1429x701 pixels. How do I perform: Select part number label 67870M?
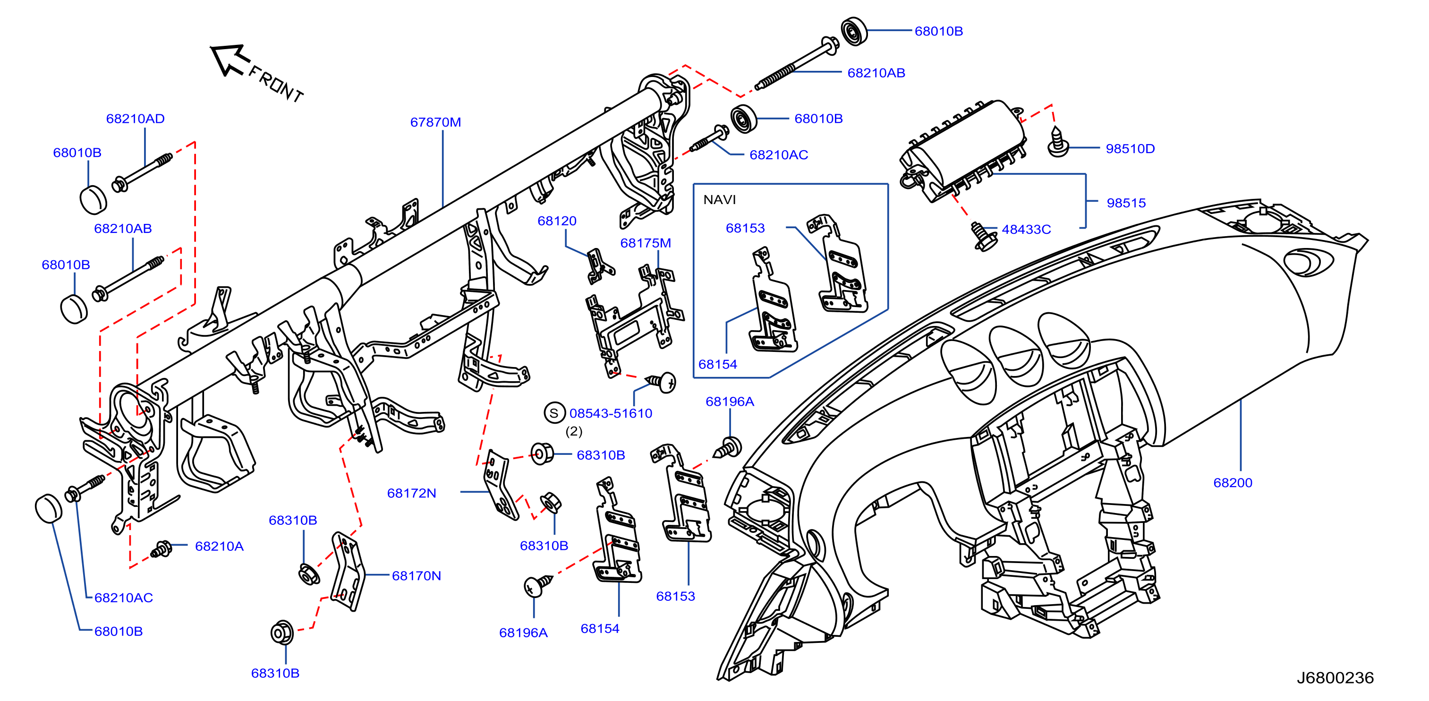[435, 122]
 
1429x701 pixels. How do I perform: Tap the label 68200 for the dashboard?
[1233, 482]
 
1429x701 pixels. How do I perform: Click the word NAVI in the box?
[720, 199]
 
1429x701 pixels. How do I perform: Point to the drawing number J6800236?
[1335, 678]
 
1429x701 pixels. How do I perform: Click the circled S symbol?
[553, 413]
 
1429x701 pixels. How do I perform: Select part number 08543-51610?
[611, 413]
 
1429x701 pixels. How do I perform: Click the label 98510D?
[1130, 149]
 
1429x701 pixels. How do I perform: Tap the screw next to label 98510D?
[1058, 142]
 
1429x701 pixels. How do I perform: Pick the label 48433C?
[1026, 229]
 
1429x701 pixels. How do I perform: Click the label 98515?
[1126, 203]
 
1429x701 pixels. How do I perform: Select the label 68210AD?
[136, 118]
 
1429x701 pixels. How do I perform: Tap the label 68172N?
[412, 493]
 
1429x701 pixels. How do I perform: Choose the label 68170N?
[417, 575]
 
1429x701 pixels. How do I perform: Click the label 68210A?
[219, 546]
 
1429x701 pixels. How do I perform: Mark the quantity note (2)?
[574, 431]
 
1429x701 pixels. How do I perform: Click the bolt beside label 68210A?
[162, 549]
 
